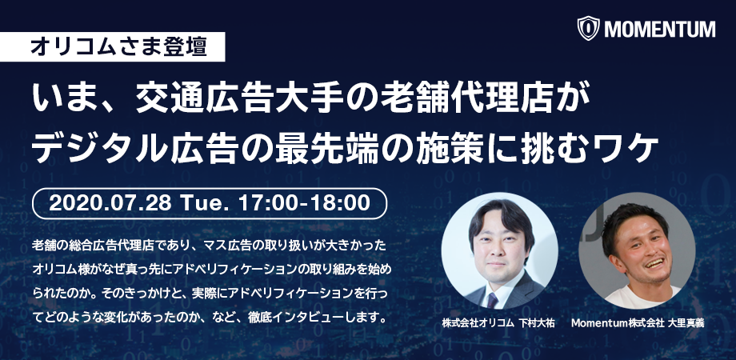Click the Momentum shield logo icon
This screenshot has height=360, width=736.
pos(590,29)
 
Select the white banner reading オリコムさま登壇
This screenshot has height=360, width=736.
pos(118,46)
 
